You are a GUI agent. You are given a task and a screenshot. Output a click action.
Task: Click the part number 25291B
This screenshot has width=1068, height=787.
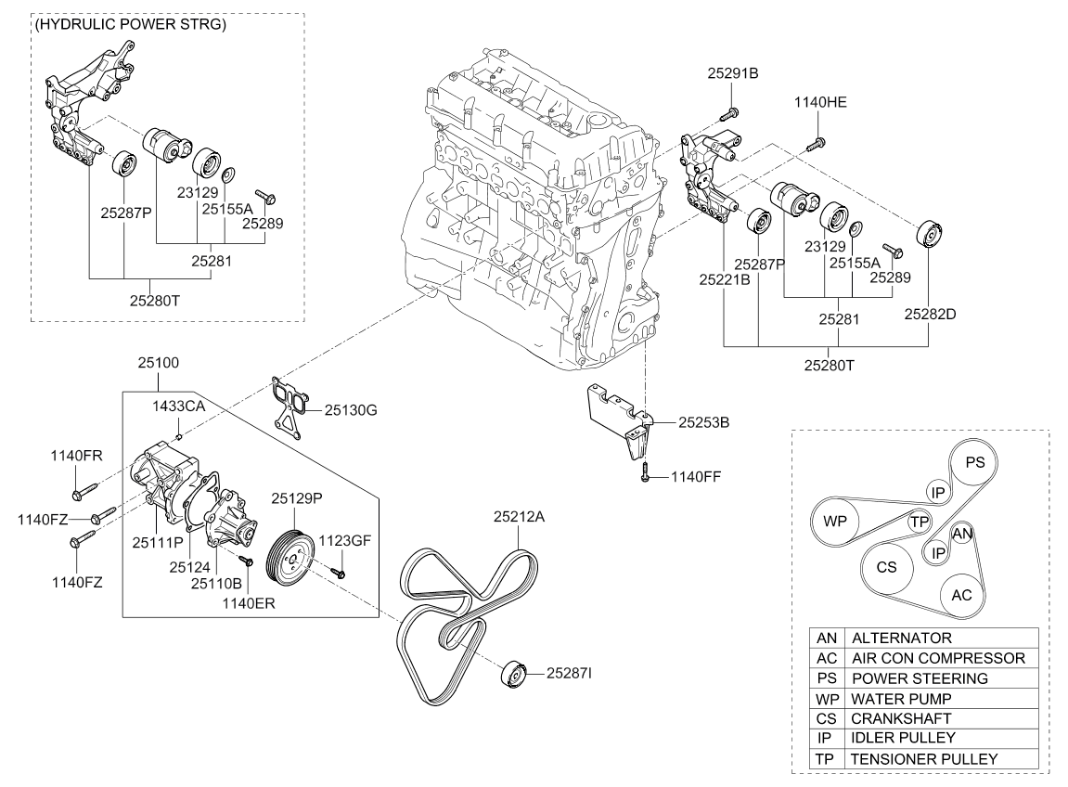click(733, 73)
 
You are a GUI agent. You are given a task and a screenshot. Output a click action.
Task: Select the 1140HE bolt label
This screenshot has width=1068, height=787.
click(820, 103)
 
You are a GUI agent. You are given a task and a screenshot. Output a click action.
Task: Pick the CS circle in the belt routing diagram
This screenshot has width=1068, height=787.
click(885, 567)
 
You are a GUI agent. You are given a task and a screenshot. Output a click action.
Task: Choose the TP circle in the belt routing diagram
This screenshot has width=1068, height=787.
click(920, 523)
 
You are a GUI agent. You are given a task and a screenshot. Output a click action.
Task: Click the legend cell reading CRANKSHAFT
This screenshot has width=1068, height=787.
click(888, 718)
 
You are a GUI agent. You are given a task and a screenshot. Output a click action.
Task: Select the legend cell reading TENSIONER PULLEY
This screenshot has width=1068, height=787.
click(924, 758)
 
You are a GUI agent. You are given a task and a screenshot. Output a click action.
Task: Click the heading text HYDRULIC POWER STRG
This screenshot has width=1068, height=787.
click(130, 24)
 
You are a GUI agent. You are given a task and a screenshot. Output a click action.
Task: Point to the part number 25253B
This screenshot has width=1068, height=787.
click(703, 422)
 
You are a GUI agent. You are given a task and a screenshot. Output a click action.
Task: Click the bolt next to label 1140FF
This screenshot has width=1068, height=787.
click(643, 475)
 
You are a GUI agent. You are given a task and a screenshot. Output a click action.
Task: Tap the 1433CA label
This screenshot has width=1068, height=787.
click(179, 406)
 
